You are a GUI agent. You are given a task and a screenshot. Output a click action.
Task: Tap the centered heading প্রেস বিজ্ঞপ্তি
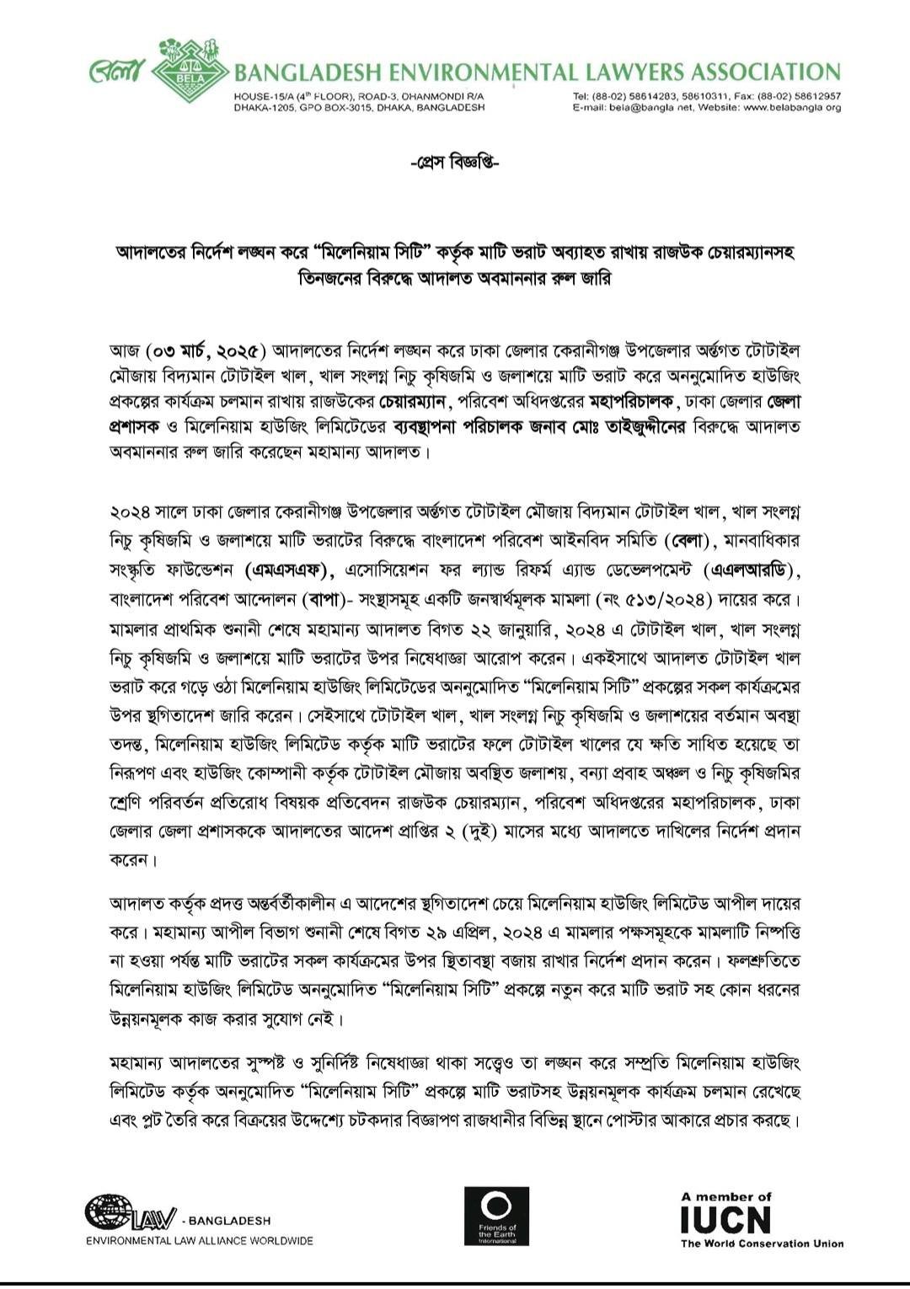pyautogui.click(x=455, y=160)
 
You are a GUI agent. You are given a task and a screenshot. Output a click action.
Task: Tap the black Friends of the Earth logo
pyautogui.click(x=497, y=1217)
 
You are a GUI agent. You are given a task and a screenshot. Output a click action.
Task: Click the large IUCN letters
pyautogui.click(x=725, y=1219)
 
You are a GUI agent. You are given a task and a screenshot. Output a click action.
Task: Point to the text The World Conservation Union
pyautogui.click(x=762, y=1244)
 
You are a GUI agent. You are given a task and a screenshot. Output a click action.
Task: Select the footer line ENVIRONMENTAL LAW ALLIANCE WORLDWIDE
pyautogui.click(x=199, y=1240)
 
